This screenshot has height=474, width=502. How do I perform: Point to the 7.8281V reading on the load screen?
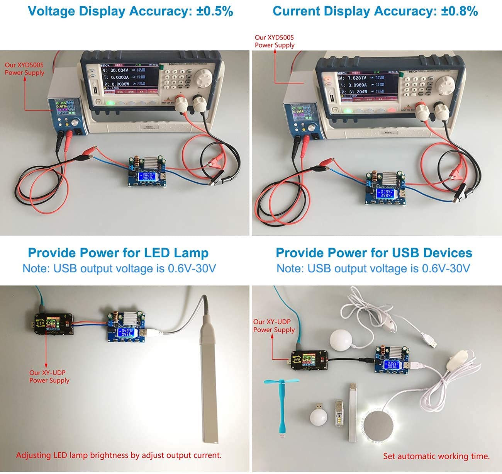tap(352, 78)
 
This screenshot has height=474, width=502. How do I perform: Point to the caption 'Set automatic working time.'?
tap(436, 456)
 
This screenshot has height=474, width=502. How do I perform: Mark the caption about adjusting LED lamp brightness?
tap(119, 455)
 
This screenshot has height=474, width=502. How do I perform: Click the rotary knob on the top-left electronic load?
tap(204, 80)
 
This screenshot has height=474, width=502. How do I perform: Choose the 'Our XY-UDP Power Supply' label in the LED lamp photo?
tap(49, 377)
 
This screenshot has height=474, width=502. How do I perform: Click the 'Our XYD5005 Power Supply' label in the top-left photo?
tap(24, 69)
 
